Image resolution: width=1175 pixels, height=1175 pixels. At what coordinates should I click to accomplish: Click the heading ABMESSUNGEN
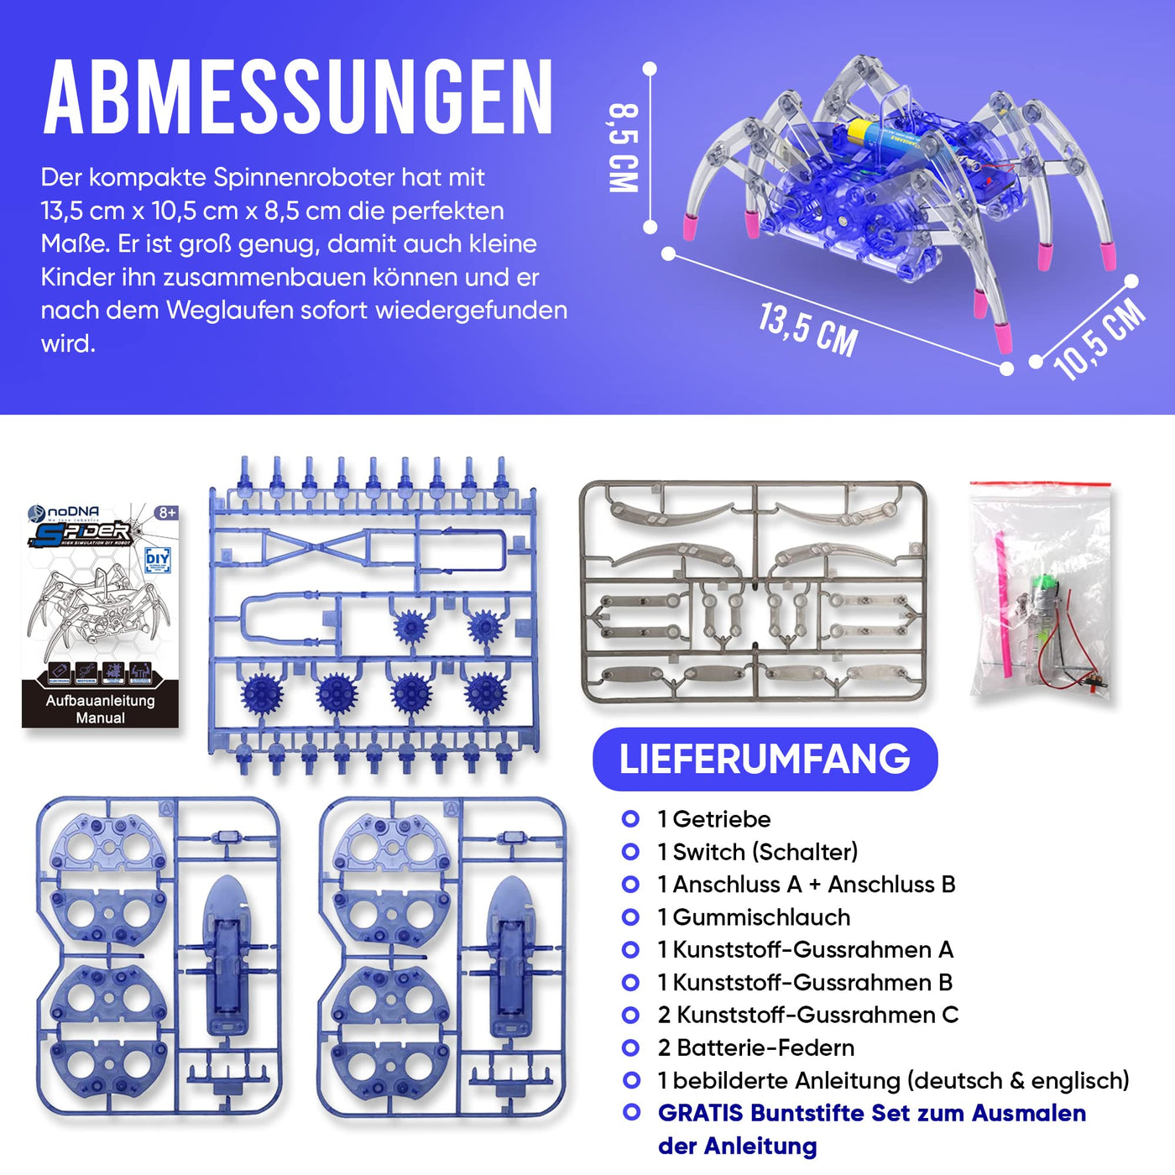299,97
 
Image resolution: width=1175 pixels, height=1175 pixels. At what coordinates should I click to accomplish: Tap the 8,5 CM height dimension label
624,148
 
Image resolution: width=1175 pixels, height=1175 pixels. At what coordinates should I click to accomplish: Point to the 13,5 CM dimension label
808,329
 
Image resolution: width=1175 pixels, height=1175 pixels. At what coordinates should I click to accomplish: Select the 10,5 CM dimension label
1099,339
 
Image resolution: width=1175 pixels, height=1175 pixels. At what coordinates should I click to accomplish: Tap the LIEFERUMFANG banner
765,759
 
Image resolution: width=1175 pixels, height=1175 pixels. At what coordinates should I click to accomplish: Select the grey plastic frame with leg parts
753,592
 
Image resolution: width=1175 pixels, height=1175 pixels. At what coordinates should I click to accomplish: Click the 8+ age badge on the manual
167,513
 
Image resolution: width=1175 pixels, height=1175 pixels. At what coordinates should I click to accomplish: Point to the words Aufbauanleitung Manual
101,709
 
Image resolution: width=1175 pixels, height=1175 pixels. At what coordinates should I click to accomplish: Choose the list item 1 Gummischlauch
753,917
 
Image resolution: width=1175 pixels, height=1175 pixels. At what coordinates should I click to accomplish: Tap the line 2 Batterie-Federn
755,1047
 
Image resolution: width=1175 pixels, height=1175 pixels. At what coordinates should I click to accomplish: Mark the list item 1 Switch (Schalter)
757,852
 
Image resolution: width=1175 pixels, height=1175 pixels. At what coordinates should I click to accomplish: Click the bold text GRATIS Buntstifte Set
871,1113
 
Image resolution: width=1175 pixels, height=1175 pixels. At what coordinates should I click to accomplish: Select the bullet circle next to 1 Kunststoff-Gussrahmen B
630,982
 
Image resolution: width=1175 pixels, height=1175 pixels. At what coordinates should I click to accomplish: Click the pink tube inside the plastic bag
1000,571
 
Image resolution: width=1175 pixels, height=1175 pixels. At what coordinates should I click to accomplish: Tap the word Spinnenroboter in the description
303,178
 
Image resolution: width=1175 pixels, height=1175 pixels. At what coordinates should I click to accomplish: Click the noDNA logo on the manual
65,511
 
